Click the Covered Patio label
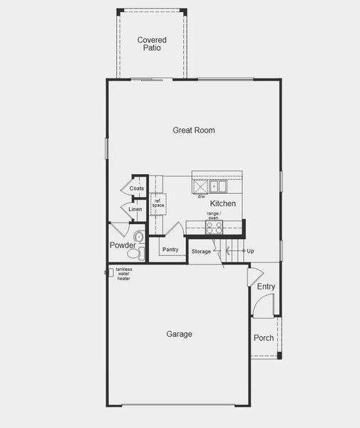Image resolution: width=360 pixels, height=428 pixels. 152,44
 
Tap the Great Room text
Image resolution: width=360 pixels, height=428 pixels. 193,131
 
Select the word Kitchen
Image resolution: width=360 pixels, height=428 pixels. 222,203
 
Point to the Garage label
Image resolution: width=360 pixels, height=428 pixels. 179,334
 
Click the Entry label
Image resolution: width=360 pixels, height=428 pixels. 266,287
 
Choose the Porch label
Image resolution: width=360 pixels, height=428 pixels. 263,337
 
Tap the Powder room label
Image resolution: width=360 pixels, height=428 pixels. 123,245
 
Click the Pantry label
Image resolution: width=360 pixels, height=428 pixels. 170,250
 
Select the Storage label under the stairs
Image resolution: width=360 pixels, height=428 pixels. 201,252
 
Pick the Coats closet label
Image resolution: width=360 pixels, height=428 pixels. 136,188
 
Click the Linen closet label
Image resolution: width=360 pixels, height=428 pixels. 135,210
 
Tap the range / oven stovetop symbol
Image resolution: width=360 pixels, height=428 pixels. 214,227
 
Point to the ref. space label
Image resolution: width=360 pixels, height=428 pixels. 158,203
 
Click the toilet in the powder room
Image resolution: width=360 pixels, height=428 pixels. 138,236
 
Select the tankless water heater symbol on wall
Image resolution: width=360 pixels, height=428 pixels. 110,272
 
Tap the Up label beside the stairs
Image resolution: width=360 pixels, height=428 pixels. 250,251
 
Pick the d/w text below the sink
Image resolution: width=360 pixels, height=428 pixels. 201,196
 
